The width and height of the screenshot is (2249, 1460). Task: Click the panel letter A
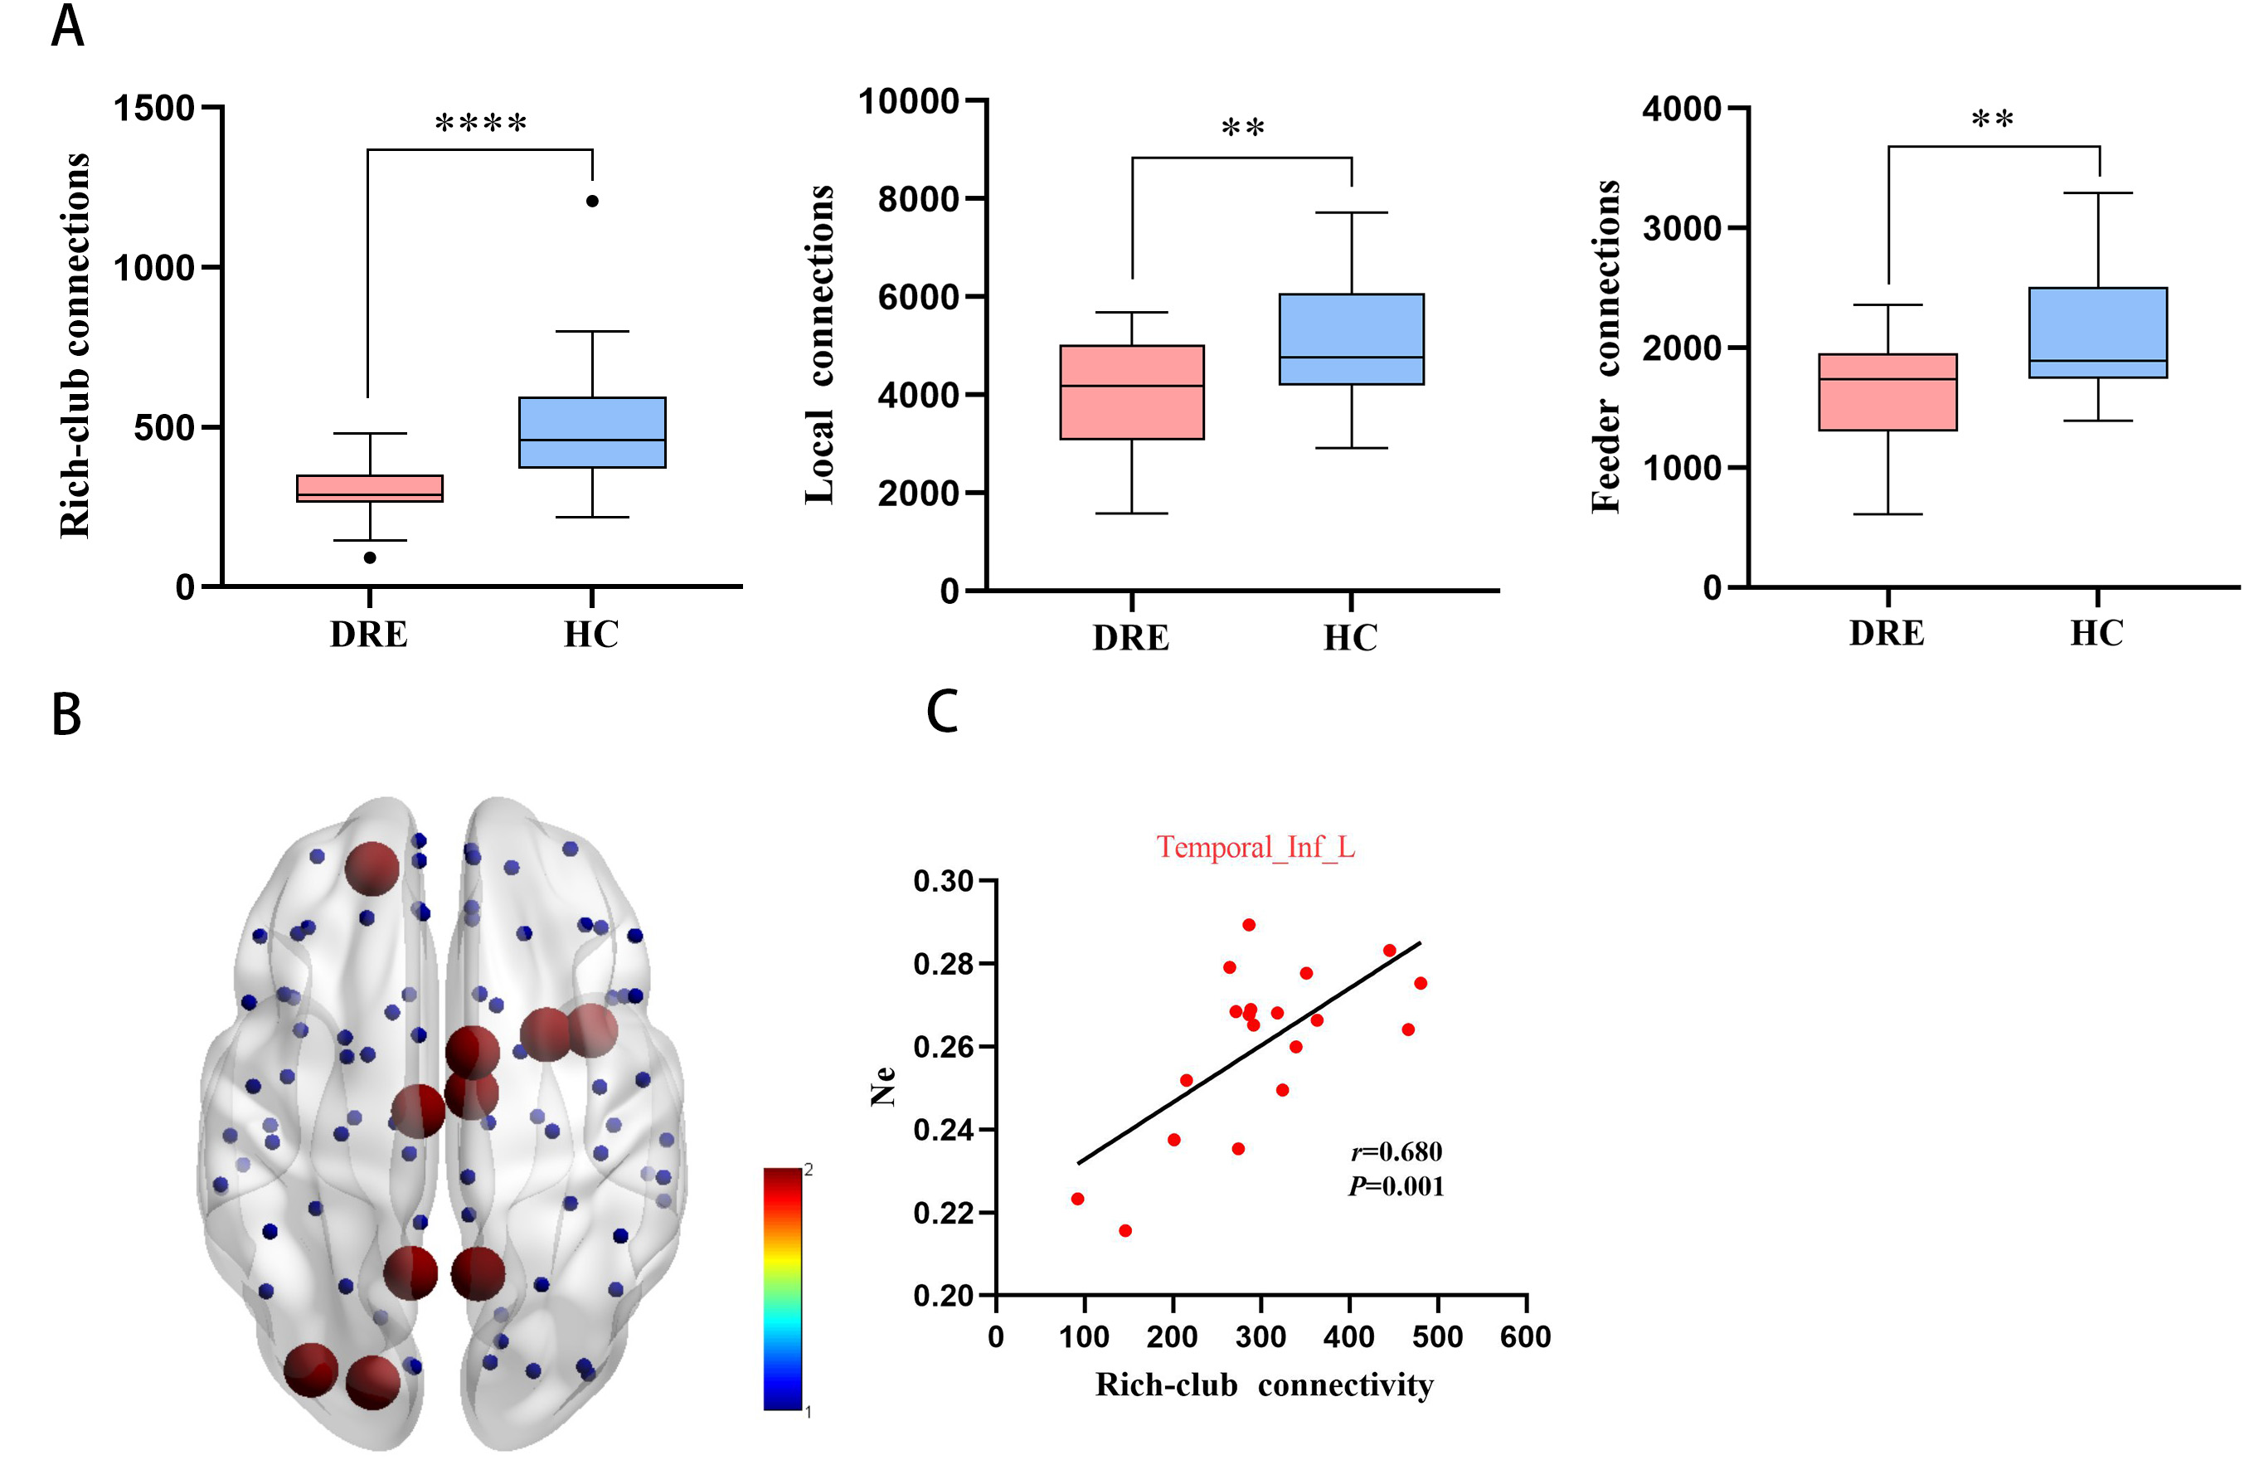[x=68, y=27]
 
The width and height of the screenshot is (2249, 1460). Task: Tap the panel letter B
[x=66, y=714]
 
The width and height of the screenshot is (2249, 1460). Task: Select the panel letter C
[x=942, y=712]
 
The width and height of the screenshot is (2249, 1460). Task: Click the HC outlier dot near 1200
[x=592, y=202]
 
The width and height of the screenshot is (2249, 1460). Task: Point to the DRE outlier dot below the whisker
[x=371, y=557]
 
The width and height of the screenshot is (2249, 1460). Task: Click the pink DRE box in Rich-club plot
[x=370, y=489]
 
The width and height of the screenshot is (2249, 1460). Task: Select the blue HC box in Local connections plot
[x=1351, y=339]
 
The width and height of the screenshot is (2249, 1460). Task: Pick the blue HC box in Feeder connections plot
[x=2098, y=333]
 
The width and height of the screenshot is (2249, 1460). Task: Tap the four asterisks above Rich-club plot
[x=480, y=123]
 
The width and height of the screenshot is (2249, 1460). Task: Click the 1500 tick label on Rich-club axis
[x=154, y=109]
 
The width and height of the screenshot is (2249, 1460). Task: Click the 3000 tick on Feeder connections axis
[x=1682, y=228]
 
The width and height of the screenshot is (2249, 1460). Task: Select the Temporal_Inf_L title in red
[x=1256, y=848]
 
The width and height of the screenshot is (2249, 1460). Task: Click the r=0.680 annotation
[x=1397, y=1152]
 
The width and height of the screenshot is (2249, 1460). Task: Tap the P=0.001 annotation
[x=1397, y=1186]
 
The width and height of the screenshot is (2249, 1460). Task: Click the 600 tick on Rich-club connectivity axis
[x=1525, y=1336]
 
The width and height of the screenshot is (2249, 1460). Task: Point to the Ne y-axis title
[x=882, y=1087]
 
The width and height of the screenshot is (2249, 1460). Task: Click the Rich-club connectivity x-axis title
[x=1265, y=1385]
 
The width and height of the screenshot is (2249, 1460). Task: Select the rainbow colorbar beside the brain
[x=783, y=1289]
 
